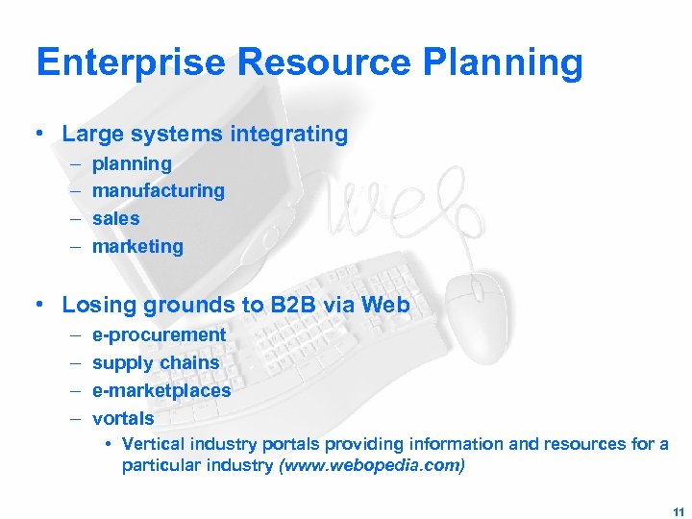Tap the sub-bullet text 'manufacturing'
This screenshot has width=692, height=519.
(x=158, y=191)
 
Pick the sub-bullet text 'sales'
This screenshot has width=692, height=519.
(x=115, y=219)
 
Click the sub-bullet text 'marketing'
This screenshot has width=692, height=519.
(x=137, y=247)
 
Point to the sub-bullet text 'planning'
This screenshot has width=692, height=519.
(x=132, y=164)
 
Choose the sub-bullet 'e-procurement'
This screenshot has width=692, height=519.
(x=159, y=335)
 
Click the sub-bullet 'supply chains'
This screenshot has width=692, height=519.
(x=156, y=363)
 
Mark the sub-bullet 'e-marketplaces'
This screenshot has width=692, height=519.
(x=161, y=391)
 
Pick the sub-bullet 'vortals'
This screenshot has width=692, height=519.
(x=123, y=419)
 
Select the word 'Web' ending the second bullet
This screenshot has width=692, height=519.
(x=388, y=306)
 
